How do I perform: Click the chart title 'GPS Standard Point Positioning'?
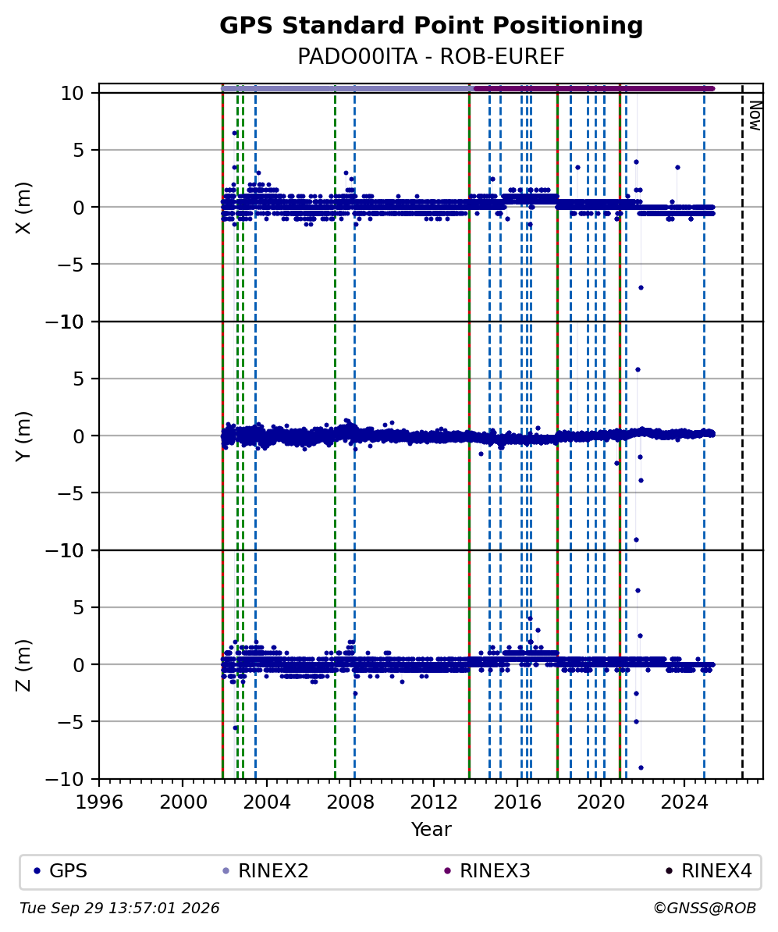[x=431, y=27]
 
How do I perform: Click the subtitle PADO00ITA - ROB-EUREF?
[x=431, y=56]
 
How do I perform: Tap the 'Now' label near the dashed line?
[x=755, y=116]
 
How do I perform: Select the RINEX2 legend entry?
[x=265, y=871]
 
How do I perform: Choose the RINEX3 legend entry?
[x=487, y=871]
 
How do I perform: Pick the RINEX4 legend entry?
[x=709, y=871]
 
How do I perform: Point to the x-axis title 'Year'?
[x=431, y=829]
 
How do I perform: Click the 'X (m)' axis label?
[x=23, y=208]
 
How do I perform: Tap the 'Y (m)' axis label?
[x=23, y=436]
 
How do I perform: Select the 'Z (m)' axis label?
[x=23, y=665]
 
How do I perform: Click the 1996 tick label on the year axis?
[x=99, y=802]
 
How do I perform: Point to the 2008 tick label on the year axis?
[x=350, y=802]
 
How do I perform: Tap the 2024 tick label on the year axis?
[x=684, y=802]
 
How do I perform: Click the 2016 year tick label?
[x=517, y=802]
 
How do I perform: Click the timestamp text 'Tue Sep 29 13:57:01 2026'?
[x=119, y=909]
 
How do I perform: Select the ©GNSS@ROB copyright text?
[x=705, y=909]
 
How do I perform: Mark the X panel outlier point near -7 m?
[x=641, y=288]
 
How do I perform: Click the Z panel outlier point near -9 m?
[x=641, y=767]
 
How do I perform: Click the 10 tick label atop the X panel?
[x=72, y=94]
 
